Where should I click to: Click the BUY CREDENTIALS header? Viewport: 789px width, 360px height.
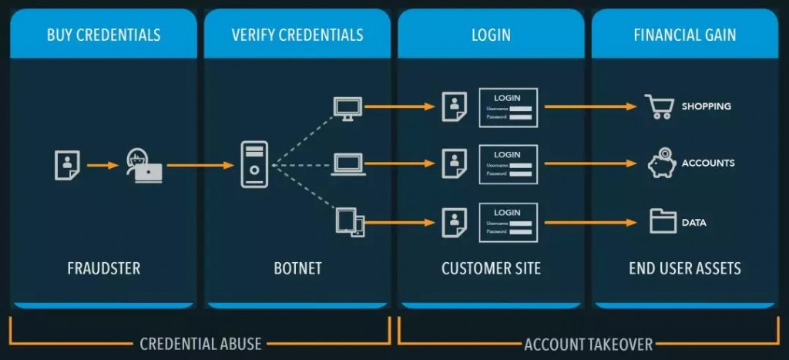point(104,35)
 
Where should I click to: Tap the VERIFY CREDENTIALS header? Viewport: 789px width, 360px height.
point(297,35)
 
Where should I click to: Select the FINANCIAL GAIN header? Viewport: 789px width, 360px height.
point(685,35)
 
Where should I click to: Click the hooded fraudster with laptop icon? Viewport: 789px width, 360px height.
point(143,166)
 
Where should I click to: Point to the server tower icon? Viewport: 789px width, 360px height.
point(254,165)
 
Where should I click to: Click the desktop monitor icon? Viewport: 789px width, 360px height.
point(347,109)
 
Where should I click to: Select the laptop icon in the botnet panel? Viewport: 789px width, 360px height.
point(348,164)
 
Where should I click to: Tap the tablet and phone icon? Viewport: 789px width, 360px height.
point(351,222)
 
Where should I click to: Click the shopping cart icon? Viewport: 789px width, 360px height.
point(660,106)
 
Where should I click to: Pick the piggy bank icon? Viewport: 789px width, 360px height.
point(662,163)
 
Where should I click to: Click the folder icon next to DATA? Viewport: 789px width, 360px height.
point(663,221)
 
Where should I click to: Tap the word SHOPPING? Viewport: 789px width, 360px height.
point(706,106)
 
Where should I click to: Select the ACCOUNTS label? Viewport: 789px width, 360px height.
point(708,163)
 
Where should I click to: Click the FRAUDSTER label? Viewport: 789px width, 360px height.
point(104,268)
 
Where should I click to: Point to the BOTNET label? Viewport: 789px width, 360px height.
point(297,268)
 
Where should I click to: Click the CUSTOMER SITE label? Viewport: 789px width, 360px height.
point(491,268)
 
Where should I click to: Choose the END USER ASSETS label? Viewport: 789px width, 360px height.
point(685,268)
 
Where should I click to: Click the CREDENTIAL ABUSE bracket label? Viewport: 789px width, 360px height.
point(200,345)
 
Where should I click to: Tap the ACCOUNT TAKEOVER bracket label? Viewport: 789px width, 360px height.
point(588,345)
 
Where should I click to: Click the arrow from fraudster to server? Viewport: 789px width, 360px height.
point(200,165)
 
